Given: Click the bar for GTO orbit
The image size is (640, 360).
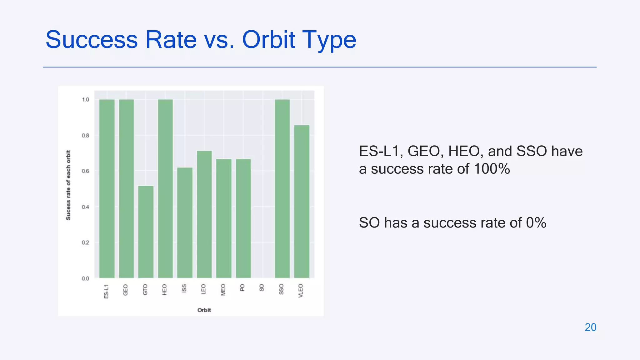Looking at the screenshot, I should [146, 232].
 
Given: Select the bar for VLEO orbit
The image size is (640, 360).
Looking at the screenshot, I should [302, 201].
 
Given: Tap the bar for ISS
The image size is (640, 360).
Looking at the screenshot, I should [185, 222].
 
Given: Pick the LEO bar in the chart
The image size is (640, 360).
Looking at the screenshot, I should [204, 214].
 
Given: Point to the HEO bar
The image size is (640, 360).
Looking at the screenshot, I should [165, 188].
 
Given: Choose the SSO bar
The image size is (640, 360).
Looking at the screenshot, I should [282, 188].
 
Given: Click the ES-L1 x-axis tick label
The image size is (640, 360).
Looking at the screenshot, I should [106, 291].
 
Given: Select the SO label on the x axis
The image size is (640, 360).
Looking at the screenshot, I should [262, 287].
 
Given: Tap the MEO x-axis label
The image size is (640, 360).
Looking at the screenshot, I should [223, 290].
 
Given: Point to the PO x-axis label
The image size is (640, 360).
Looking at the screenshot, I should [242, 287].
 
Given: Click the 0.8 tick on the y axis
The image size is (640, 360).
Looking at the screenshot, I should [85, 136].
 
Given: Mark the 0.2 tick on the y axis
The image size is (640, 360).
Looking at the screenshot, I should [85, 243].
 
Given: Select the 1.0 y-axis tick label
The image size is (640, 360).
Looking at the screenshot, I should [85, 100].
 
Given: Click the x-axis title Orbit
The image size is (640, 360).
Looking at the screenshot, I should [204, 310].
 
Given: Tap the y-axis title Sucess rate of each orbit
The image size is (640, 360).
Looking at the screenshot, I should [68, 185].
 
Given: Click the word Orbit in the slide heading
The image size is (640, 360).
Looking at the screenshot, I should [268, 40].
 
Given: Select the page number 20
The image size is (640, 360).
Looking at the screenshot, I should [590, 327].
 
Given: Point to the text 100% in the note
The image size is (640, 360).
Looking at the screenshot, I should [492, 169].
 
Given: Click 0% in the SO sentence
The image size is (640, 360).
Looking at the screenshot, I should [536, 223].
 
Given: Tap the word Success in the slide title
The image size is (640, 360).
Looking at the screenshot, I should [92, 40].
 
